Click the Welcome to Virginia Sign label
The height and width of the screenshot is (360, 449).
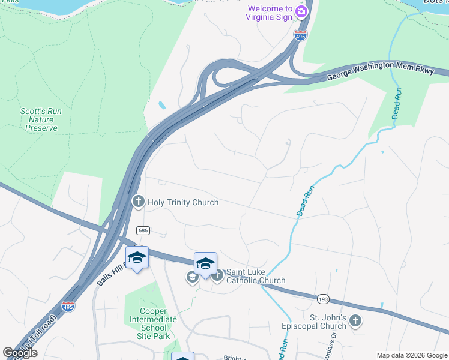tap(268, 13)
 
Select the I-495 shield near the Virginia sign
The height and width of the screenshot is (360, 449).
tap(300, 35)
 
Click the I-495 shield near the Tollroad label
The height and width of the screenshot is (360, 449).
tap(69, 307)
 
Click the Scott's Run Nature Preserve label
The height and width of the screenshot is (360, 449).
tap(41, 119)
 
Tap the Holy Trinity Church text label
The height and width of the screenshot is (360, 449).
tap(182, 203)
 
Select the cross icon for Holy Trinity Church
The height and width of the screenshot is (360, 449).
tap(138, 202)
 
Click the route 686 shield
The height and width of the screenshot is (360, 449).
tap(143, 230)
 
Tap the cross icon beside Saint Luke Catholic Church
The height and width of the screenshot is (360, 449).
tap(217, 276)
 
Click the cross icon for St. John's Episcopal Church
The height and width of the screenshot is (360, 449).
tap(355, 321)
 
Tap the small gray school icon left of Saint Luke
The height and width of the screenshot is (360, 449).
tap(192, 277)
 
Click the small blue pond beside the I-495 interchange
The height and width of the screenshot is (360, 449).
tap(163, 106)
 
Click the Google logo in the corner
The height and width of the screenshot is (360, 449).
tap(20, 353)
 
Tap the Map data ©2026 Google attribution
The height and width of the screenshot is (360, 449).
tap(411, 355)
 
